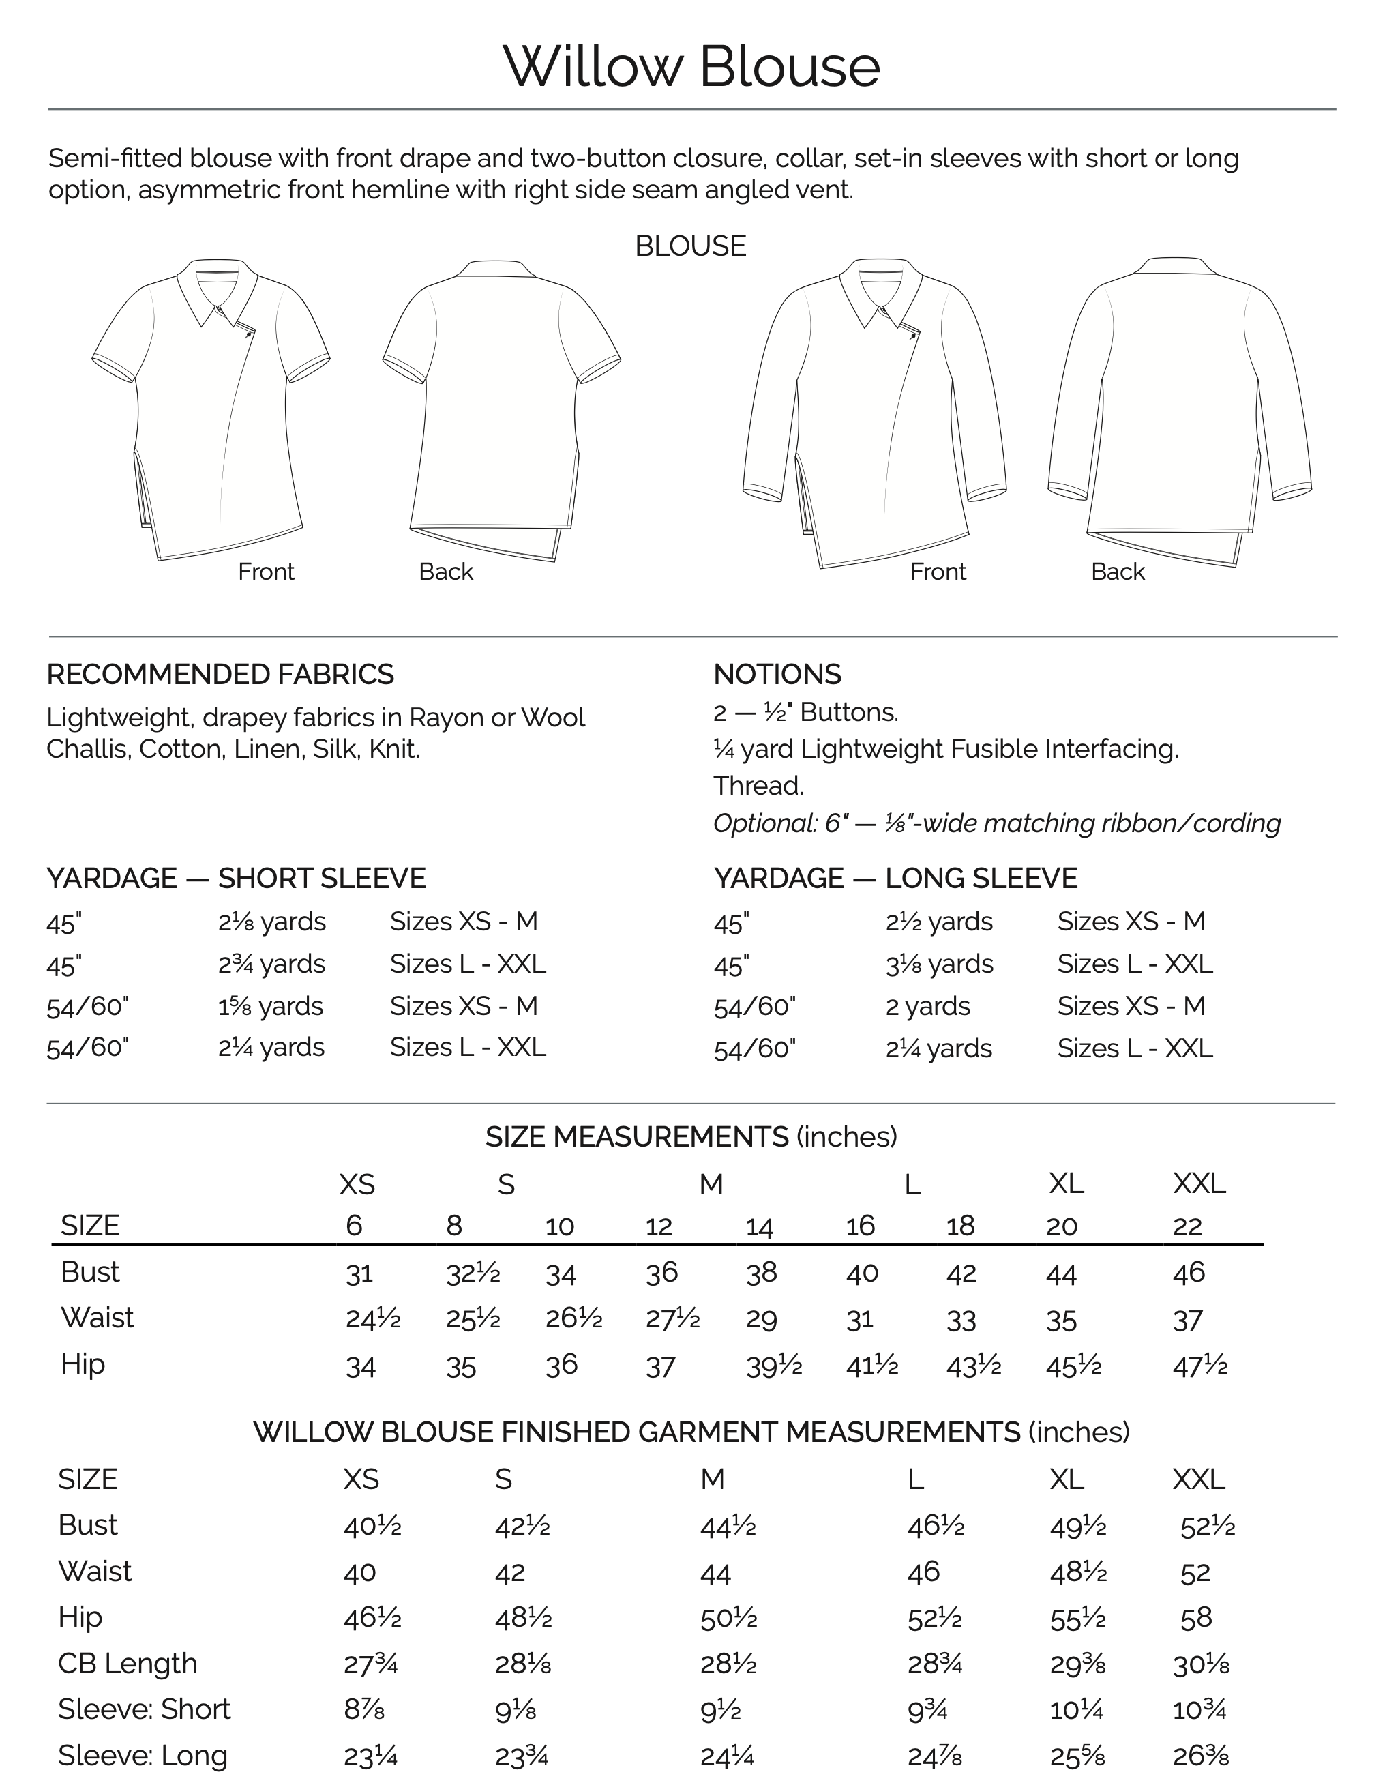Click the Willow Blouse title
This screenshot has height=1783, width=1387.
point(691,66)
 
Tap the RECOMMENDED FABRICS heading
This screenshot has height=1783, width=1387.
point(220,675)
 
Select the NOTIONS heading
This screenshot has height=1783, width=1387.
point(777,675)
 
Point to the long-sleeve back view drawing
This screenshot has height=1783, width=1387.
point(1180,408)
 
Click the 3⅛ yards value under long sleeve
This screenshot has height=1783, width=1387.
point(939,964)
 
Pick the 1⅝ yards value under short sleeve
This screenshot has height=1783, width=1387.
point(270,1006)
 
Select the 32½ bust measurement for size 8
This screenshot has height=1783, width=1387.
point(473,1273)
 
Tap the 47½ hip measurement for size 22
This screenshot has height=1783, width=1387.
point(1199,1366)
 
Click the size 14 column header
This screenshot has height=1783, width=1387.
point(759,1226)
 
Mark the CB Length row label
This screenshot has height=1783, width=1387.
point(128,1663)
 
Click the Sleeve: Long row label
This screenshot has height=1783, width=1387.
point(143,1754)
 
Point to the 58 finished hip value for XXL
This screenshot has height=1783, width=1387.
point(1196,1617)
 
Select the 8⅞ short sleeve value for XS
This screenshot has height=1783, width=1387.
point(364,1709)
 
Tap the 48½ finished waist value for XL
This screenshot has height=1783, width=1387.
point(1077,1572)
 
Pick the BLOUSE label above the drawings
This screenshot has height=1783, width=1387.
point(691,246)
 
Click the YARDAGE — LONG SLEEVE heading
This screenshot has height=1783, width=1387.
point(895,879)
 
